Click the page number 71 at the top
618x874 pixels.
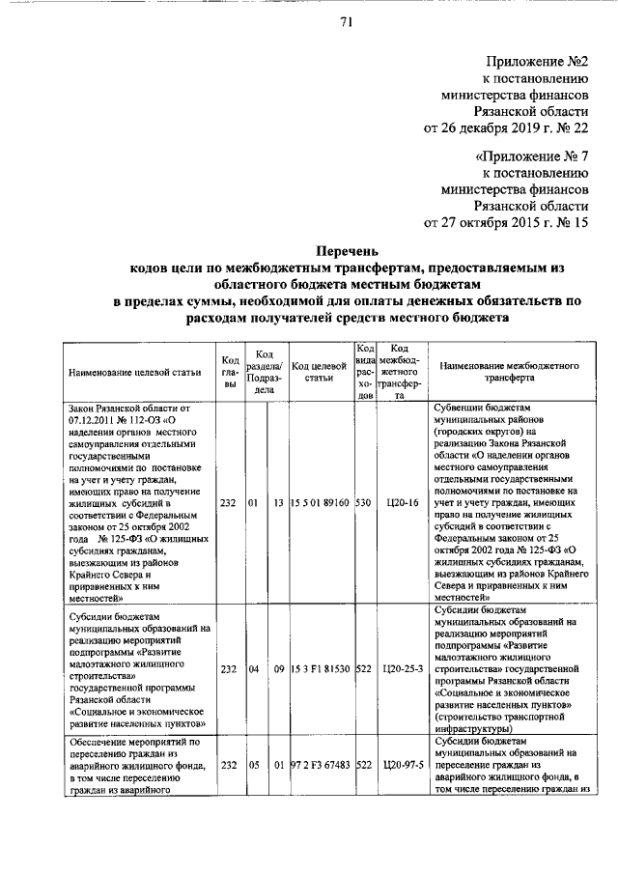tap(344, 23)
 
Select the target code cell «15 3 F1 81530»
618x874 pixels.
tap(320, 668)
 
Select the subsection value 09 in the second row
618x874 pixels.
tap(277, 668)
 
